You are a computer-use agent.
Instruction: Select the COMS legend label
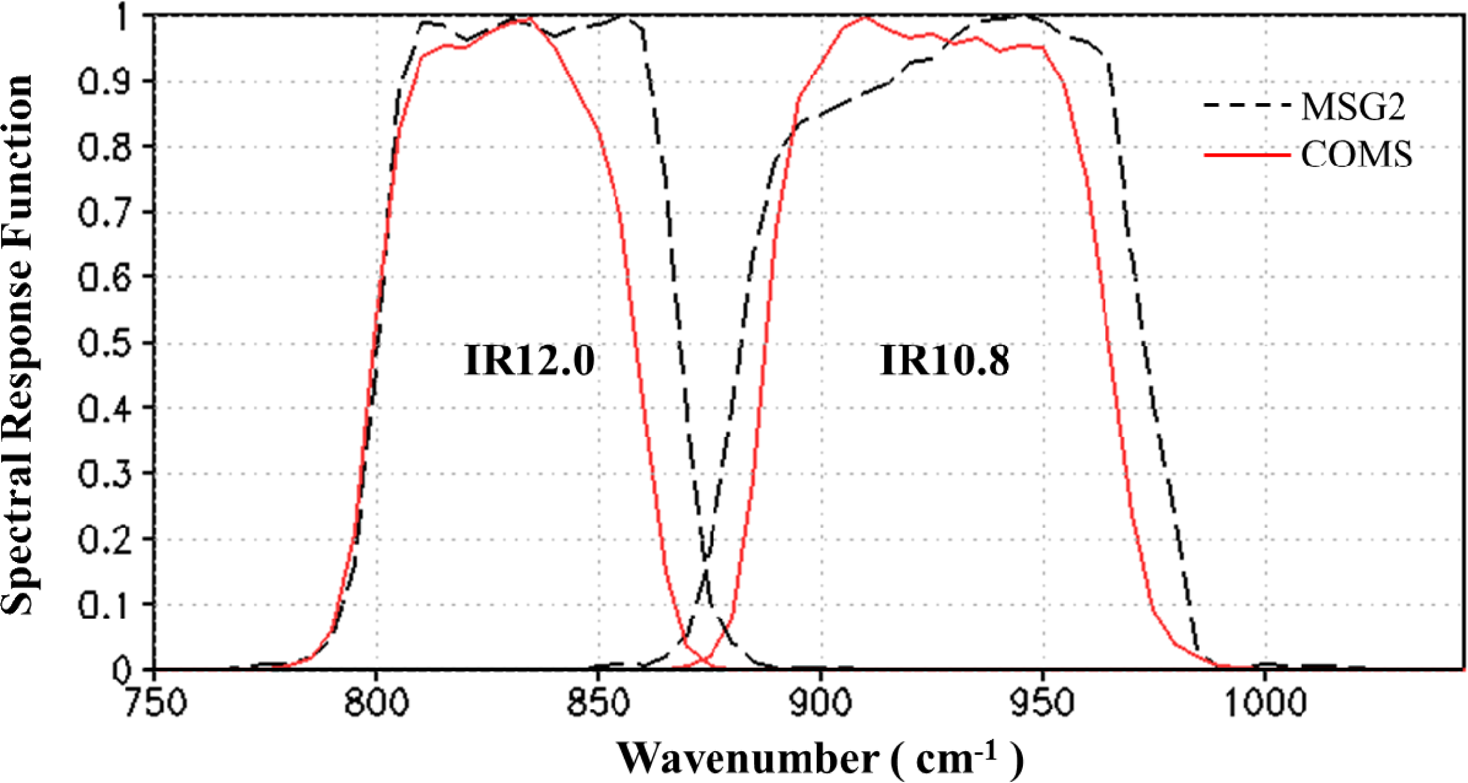pos(1357,155)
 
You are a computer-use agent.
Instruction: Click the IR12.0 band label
pos(529,360)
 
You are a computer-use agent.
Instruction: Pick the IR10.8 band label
pos(944,360)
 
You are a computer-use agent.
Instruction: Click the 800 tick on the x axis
pos(377,702)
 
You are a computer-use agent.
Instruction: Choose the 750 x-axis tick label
pos(154,702)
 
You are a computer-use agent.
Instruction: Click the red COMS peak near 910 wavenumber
pos(864,18)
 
